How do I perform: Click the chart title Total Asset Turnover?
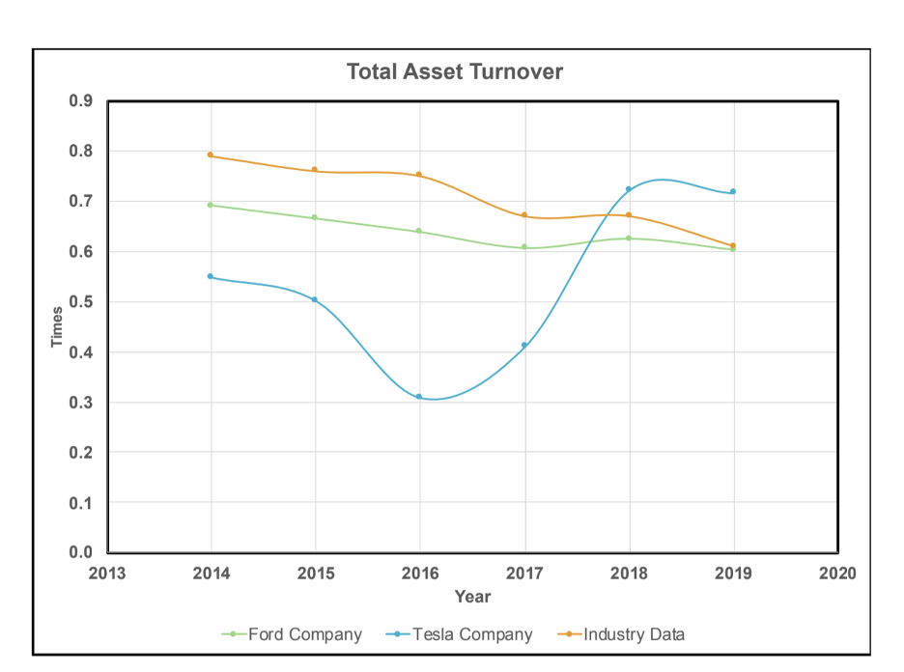click(x=454, y=71)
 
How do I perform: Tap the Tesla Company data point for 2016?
click(x=419, y=397)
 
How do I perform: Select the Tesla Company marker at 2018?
click(x=629, y=189)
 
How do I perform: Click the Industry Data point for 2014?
click(x=211, y=154)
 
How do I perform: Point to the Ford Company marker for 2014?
click(x=211, y=205)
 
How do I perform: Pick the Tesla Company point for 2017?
click(x=524, y=345)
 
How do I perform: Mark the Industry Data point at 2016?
click(x=419, y=175)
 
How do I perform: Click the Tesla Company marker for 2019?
click(x=733, y=191)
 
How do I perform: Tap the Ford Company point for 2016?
click(x=419, y=231)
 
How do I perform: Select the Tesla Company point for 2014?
click(x=211, y=276)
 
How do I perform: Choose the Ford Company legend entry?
click(x=293, y=634)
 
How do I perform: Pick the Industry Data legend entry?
click(x=623, y=634)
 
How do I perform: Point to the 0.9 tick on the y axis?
click(x=81, y=101)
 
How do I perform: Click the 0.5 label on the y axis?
click(x=81, y=302)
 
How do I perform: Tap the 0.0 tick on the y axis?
click(x=81, y=553)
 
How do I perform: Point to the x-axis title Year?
click(x=472, y=597)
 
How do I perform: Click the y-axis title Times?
click(x=57, y=326)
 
